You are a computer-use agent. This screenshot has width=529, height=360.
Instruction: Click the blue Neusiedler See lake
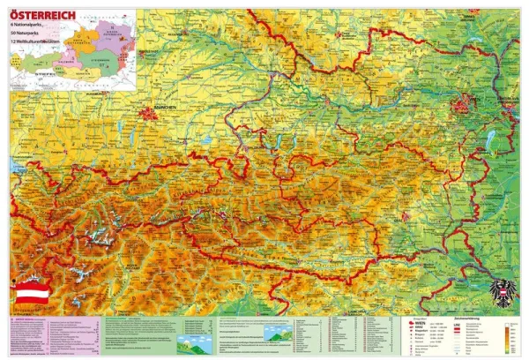pyautogui.click(x=492, y=141)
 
